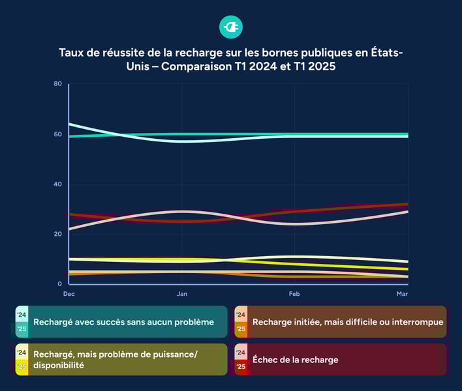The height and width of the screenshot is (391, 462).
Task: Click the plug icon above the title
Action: [x=231, y=27]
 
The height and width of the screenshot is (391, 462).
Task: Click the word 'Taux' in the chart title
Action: [x=72, y=53]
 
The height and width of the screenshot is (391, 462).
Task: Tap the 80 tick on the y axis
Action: [x=58, y=84]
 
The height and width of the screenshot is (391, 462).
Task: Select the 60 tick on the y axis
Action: [x=58, y=134]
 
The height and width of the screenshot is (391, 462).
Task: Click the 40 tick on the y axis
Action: [x=58, y=184]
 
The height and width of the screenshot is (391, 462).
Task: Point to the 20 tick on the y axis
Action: [x=58, y=234]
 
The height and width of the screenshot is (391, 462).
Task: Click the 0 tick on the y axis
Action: [x=60, y=284]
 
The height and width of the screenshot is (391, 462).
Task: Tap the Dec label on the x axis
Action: [x=69, y=295]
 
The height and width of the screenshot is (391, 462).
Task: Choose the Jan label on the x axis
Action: [x=182, y=295]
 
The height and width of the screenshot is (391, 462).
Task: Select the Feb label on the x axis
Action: [x=294, y=295]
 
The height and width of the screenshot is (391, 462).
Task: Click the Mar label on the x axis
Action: [x=403, y=295]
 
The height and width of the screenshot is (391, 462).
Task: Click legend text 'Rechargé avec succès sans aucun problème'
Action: [x=123, y=322]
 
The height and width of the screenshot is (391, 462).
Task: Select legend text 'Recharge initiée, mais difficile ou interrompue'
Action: [x=348, y=322]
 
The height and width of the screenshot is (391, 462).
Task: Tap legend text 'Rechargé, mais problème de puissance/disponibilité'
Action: [x=115, y=360]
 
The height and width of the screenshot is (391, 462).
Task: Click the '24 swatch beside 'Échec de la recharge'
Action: [x=241, y=353]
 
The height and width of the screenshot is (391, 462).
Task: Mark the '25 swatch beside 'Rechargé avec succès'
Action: [x=22, y=329]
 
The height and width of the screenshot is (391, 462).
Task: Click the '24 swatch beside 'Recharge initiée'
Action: [x=241, y=315]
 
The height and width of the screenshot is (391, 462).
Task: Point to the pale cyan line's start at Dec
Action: [x=69, y=124]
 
